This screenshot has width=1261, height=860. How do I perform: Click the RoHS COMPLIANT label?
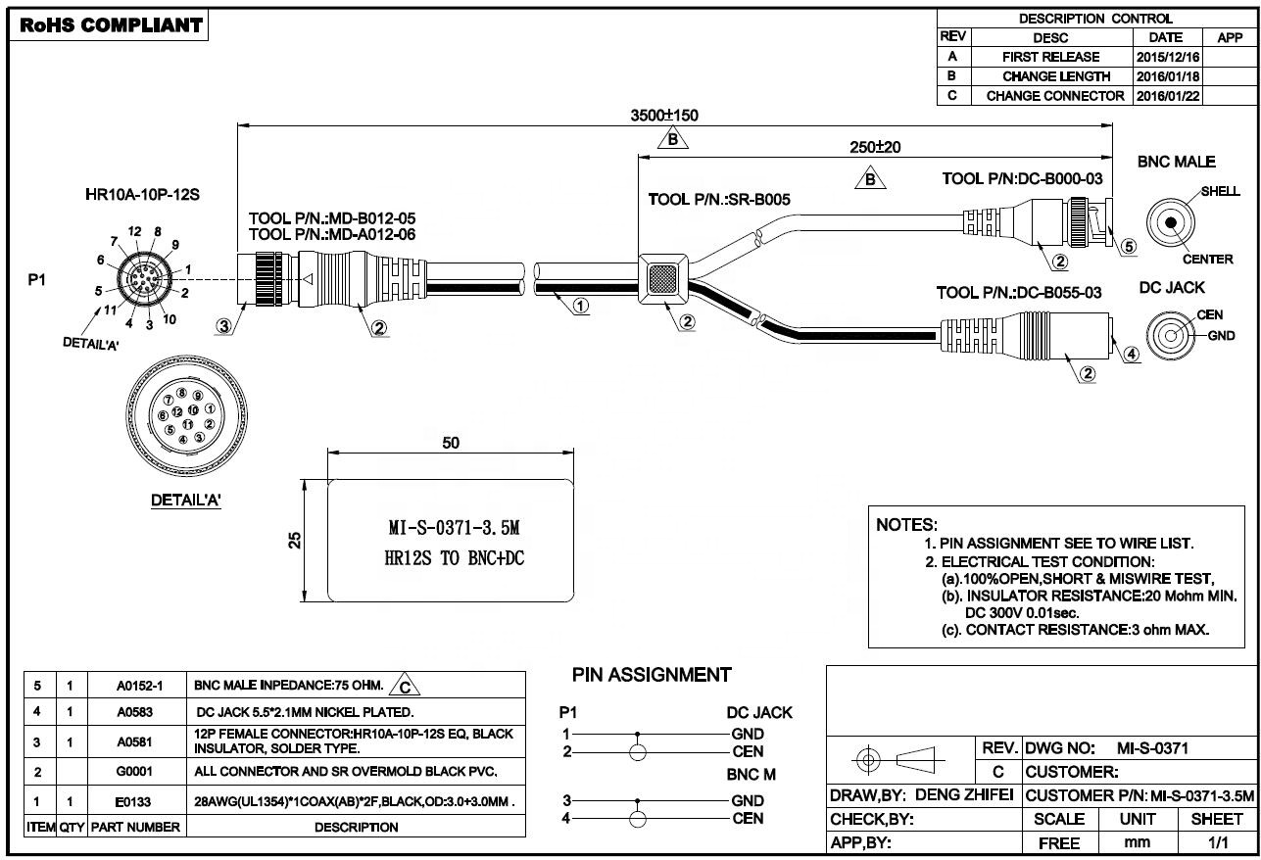[x=111, y=25]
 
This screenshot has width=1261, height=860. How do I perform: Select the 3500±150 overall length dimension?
[x=663, y=115]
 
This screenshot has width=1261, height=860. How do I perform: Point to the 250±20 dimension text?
[x=874, y=147]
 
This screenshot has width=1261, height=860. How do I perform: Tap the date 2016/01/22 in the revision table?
[x=1167, y=96]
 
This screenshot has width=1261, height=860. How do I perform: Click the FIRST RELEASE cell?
[x=1050, y=57]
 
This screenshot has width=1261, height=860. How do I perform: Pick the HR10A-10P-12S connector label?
[x=143, y=195]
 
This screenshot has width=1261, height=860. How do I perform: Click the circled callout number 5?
[x=1128, y=246]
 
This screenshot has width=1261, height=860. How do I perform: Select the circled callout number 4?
[x=1132, y=356]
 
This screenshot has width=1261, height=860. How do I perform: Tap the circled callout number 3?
[x=225, y=327]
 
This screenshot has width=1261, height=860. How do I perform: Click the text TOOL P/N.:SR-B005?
[x=718, y=200]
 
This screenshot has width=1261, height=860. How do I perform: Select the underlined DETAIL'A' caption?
[x=185, y=501]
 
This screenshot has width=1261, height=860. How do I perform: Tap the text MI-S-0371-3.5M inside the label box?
[x=453, y=529]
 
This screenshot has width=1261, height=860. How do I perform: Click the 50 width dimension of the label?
[x=450, y=443]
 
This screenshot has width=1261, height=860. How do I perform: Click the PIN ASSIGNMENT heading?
[x=651, y=675]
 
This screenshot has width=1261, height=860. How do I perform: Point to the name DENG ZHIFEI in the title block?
[x=966, y=795]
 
